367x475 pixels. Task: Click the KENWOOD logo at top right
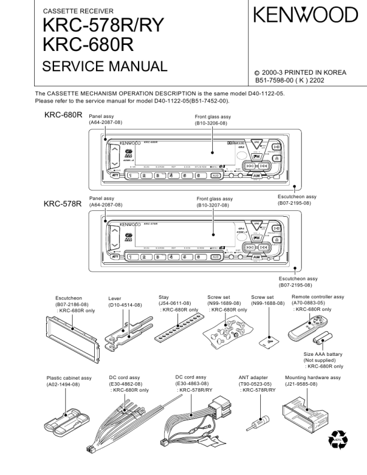(x=305, y=14)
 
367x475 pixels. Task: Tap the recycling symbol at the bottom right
(x=338, y=441)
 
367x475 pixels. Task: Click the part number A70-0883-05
(x=308, y=303)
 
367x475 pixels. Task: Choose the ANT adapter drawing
(x=261, y=419)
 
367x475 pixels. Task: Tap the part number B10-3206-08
(x=211, y=123)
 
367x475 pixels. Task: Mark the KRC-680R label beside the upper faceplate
(x=63, y=114)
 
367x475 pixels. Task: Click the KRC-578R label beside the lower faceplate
(x=62, y=204)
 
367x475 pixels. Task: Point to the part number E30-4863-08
(x=192, y=383)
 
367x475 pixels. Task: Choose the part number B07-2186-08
(x=72, y=304)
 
